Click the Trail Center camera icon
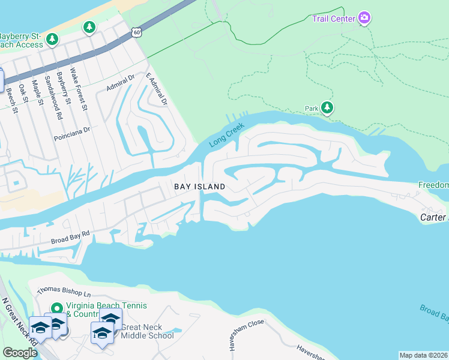[364, 18]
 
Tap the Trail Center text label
[333, 19]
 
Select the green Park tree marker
[327, 108]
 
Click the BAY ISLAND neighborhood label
[200, 187]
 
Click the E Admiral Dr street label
[156, 90]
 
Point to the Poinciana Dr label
[71, 130]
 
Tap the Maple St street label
[37, 92]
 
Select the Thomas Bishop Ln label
[64, 293]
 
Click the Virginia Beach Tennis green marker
[58, 308]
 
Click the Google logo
[20, 353]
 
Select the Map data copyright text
[424, 355]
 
